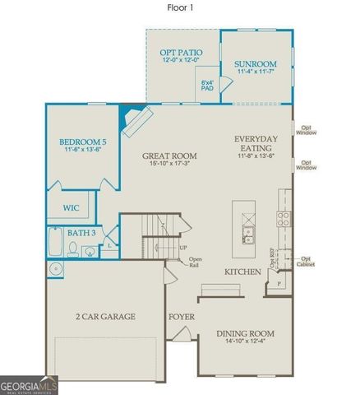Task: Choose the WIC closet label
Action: point(72,208)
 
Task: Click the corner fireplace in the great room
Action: point(134,122)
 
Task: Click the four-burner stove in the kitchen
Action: point(284,219)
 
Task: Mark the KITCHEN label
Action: point(242,272)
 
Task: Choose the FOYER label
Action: point(181,317)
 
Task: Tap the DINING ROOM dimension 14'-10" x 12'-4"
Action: point(245,342)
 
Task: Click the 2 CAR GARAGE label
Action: point(105,317)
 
